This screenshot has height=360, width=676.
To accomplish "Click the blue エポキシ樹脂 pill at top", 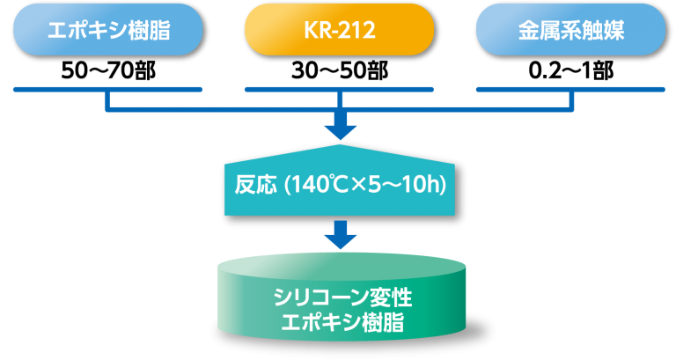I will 107,29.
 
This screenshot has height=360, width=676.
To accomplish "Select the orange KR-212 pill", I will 339,29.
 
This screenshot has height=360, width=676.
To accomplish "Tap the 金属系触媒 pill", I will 569,29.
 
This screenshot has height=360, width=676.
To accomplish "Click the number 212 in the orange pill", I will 358,30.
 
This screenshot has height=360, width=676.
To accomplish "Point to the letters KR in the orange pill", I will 313,30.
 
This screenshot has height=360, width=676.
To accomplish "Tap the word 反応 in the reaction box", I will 251,186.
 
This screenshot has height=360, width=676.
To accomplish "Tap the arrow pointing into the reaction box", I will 340,129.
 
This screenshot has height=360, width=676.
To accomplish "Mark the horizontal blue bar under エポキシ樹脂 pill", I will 107,89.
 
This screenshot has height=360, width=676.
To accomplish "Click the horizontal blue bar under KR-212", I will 339,89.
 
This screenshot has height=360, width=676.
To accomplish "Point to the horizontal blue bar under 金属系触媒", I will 569,89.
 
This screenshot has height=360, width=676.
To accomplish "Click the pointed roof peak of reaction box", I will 341,148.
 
